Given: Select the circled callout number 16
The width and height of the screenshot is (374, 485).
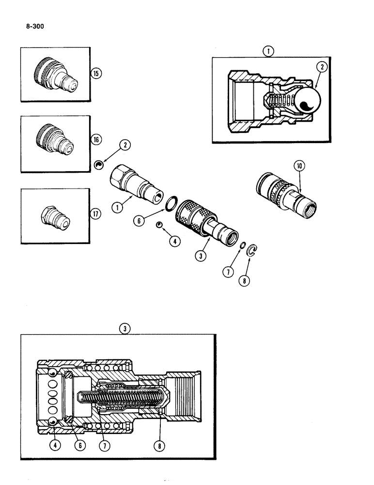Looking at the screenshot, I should [x=96, y=139].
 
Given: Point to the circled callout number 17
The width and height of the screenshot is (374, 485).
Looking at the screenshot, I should [x=96, y=213].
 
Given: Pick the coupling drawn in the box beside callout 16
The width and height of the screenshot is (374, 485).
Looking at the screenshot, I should [x=55, y=142].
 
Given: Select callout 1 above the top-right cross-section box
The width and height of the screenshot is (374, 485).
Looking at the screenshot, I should [x=267, y=50].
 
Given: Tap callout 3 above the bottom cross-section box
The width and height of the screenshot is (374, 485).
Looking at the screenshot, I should [x=125, y=328].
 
